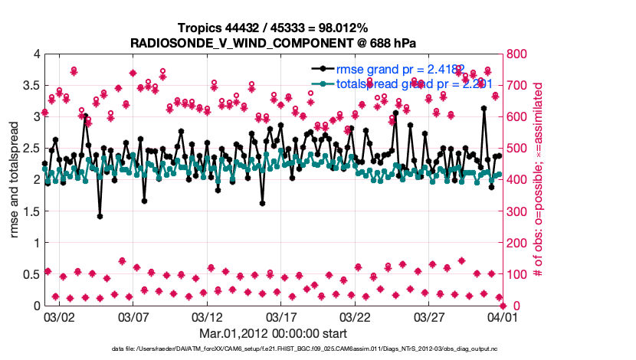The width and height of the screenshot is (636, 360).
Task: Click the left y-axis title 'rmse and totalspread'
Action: pos(15,179)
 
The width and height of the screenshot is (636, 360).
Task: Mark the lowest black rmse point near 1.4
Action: pos(100,216)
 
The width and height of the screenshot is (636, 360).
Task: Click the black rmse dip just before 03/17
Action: pos(262,204)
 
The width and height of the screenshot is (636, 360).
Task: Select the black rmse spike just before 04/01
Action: pos(484,109)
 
